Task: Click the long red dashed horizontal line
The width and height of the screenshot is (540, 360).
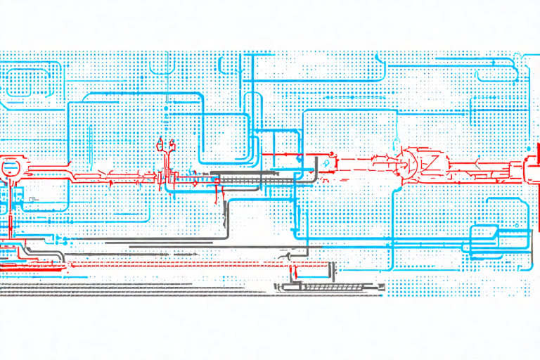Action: [176, 266]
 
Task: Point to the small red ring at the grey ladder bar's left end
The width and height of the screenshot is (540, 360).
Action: [217, 182]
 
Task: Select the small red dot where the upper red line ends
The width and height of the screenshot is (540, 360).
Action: [329, 153]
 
